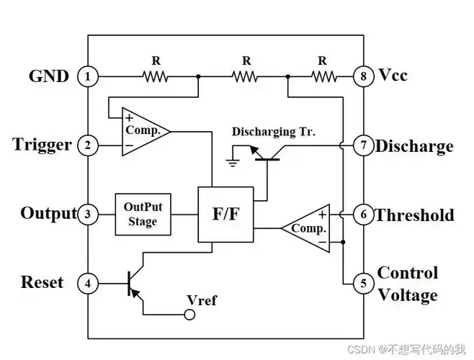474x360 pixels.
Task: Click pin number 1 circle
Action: [88, 76]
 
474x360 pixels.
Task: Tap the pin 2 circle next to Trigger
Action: [88, 146]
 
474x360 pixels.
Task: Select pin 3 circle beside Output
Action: [88, 214]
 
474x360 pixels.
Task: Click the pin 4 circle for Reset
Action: [88, 283]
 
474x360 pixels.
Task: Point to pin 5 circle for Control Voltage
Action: [363, 283]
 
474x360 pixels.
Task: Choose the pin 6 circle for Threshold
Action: [363, 215]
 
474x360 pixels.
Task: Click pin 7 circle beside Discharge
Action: [363, 146]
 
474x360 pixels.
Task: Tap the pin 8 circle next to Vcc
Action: [363, 76]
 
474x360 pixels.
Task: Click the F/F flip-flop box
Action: [225, 214]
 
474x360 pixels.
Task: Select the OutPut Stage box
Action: [143, 214]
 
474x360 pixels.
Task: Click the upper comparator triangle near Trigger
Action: [145, 131]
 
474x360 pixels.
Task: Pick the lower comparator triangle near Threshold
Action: [307, 228]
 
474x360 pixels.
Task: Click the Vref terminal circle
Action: [191, 314]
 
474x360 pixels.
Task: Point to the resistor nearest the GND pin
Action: [155, 76]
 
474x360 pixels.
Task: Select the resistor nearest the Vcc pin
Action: [322, 76]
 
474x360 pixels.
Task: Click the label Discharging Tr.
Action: [274, 132]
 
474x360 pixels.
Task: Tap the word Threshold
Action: [414, 215]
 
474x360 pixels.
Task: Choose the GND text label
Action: [48, 76]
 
